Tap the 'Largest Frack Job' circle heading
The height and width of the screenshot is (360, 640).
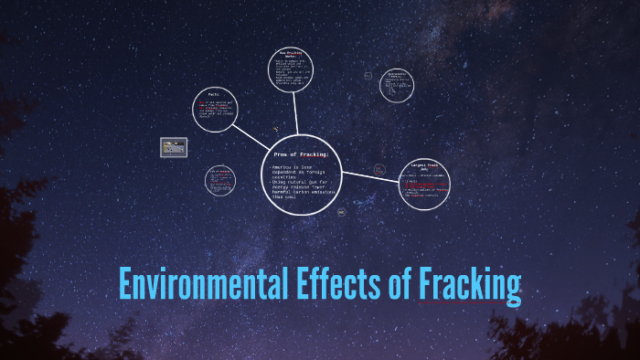click(424, 169)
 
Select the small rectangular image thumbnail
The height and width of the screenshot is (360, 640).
click(173, 145)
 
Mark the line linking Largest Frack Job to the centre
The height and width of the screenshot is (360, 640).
click(371, 173)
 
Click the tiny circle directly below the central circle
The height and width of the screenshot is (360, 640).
click(341, 212)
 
